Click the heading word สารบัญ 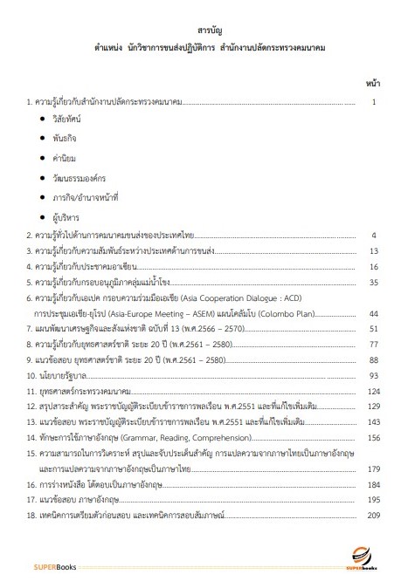click(204, 31)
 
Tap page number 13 click(372, 250)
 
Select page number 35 click(372, 283)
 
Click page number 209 click(370, 492)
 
